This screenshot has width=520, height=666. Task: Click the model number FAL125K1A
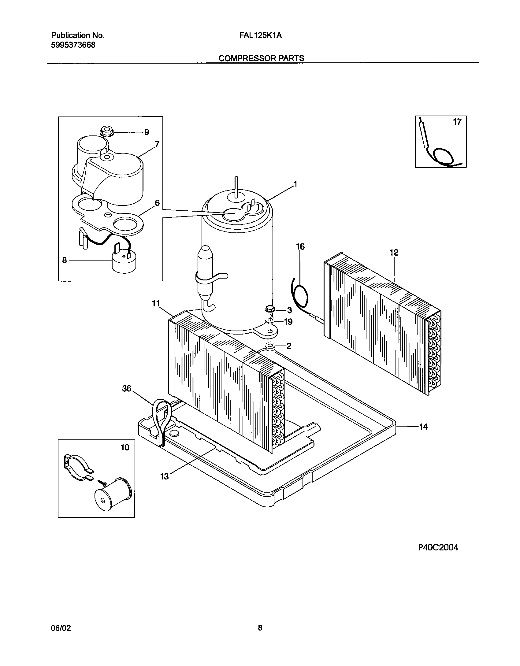coord(261,36)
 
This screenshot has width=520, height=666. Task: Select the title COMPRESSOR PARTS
coord(261,58)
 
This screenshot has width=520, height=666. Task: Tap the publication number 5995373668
coord(73,45)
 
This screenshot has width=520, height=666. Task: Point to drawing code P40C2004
coord(438,548)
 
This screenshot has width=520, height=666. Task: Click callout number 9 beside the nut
coord(147,132)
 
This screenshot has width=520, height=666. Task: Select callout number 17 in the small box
coord(457,122)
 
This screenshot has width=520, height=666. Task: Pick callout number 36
coord(127,389)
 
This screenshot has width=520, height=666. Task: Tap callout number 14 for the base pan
coord(423,427)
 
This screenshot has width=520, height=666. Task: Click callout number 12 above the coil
coord(394,253)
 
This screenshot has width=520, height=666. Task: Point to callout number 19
coord(288,322)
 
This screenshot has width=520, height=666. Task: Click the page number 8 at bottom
coord(260,628)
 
